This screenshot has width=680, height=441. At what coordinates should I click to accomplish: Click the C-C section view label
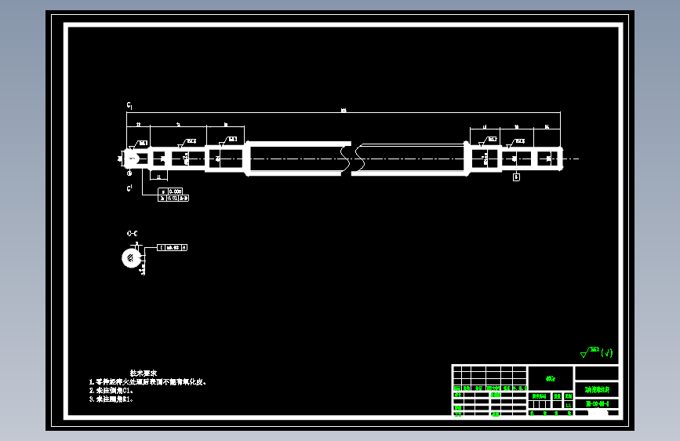(x=132, y=234)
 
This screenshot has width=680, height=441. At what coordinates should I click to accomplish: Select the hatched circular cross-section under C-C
(x=128, y=257)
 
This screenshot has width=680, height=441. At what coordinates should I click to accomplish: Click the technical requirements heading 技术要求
(x=144, y=373)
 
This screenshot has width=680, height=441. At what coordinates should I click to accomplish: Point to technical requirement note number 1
(x=148, y=382)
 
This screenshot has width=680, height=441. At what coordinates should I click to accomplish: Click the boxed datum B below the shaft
(x=516, y=177)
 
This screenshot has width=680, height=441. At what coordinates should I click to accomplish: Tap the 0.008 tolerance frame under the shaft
(x=172, y=191)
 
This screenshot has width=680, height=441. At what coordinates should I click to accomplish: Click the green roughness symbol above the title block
(x=596, y=352)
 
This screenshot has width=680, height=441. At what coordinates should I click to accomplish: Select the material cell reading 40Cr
(x=551, y=378)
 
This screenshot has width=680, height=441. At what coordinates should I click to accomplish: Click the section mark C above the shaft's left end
(x=129, y=104)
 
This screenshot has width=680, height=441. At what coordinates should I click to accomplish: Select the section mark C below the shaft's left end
(x=129, y=189)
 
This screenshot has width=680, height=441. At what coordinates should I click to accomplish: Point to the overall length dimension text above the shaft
(x=343, y=111)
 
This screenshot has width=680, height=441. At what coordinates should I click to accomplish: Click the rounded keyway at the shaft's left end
(x=132, y=159)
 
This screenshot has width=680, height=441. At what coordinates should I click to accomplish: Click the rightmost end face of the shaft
(x=562, y=159)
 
